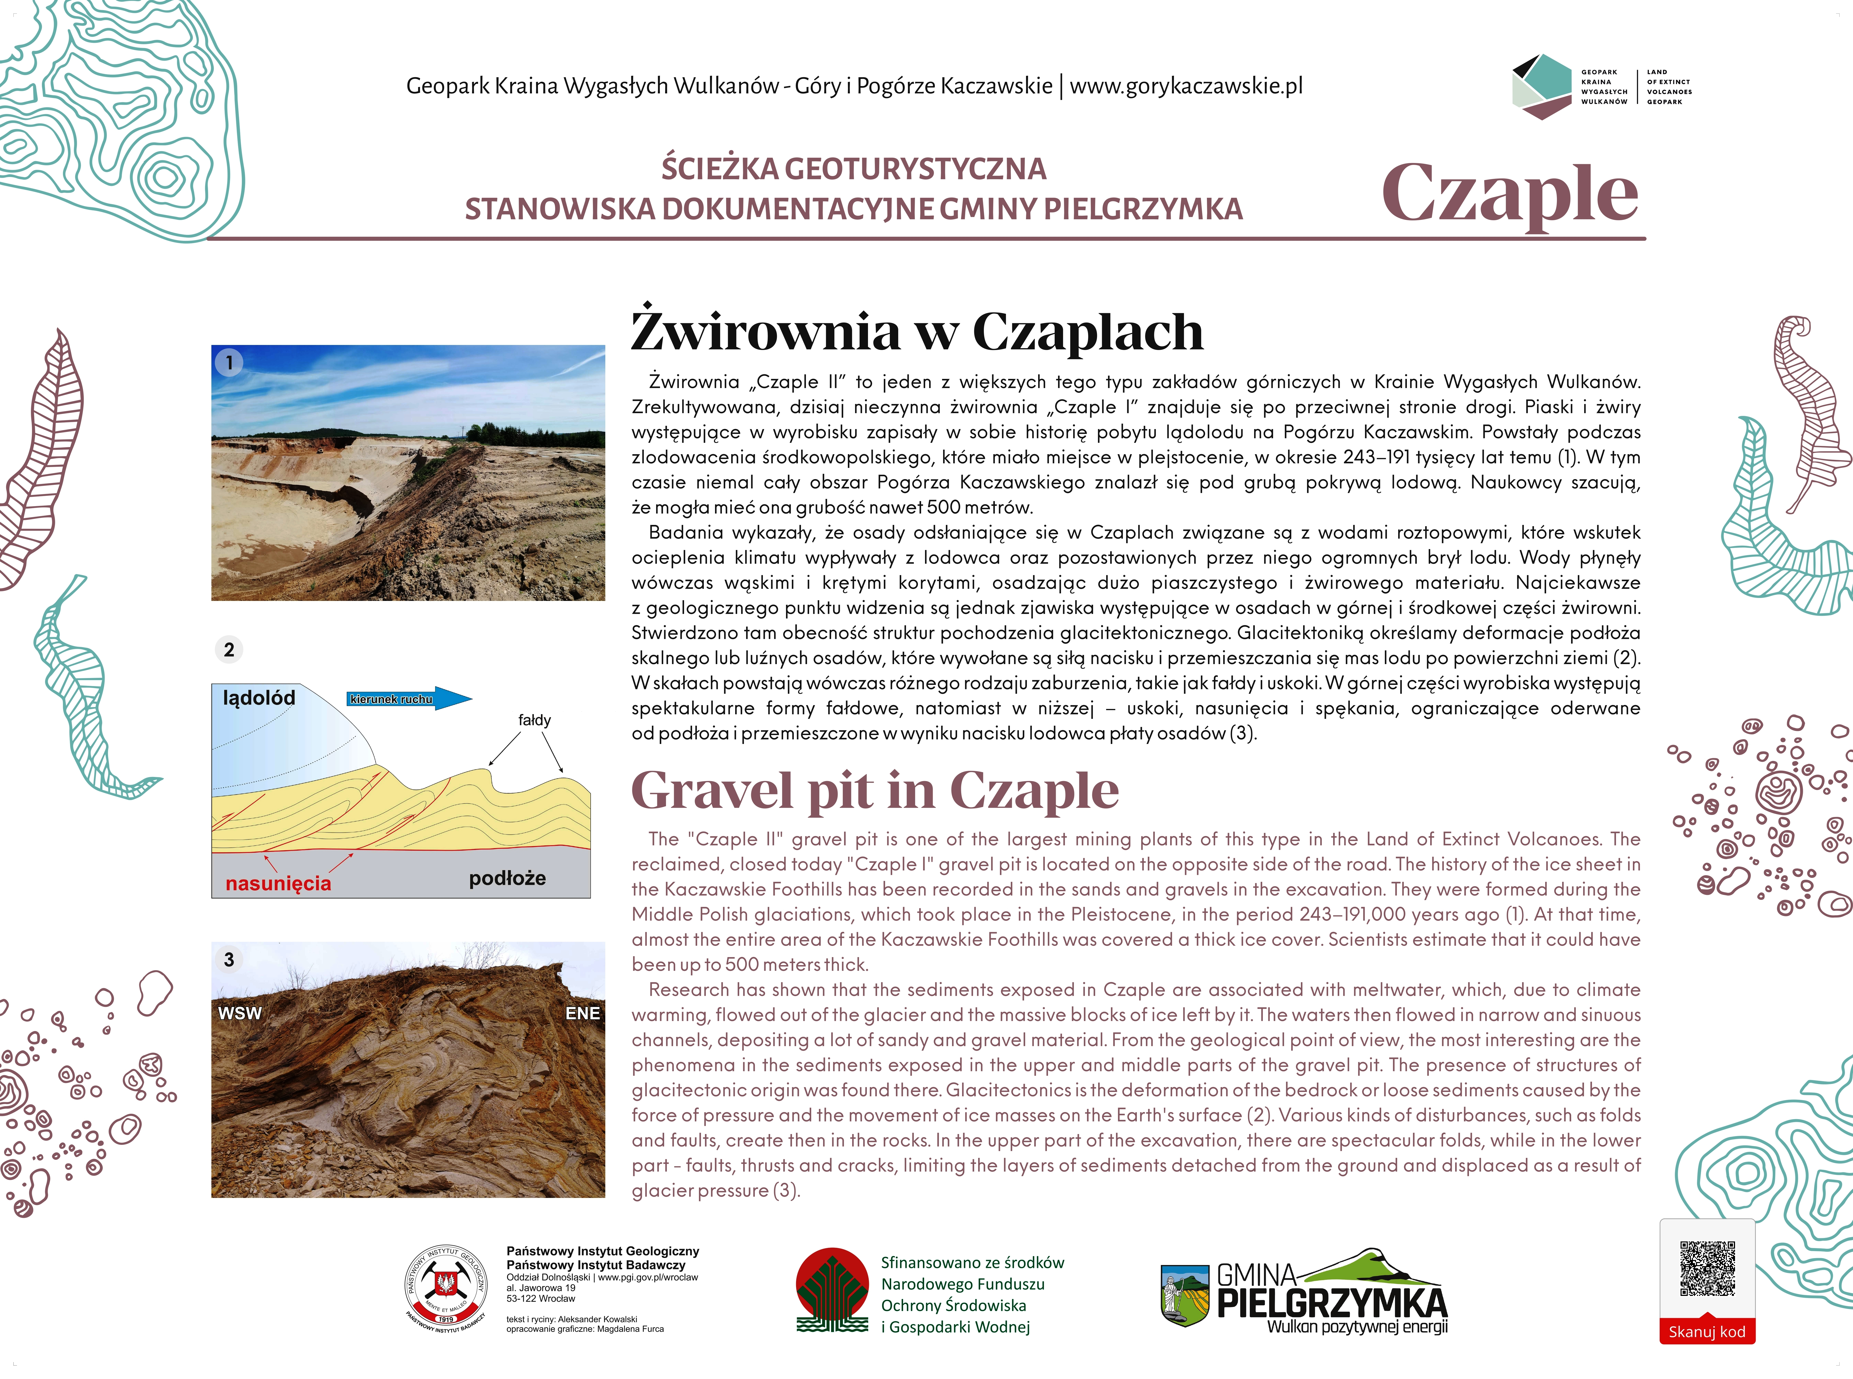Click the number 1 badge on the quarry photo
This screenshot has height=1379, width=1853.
tap(229, 363)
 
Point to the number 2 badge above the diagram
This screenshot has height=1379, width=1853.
tap(229, 649)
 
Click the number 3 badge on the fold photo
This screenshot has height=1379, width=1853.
tap(229, 960)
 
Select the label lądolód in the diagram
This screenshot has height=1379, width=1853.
tap(259, 698)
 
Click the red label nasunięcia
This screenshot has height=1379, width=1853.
tap(278, 883)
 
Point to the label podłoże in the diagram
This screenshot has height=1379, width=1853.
tap(507, 878)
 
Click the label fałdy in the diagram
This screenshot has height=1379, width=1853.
tap(535, 719)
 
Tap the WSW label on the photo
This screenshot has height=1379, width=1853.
tap(240, 1013)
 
